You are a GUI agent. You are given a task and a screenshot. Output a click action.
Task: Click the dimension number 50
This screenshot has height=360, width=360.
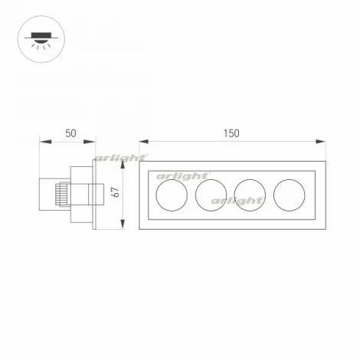tap(70, 133)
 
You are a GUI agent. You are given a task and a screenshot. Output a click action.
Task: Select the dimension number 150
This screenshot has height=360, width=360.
tap(231, 133)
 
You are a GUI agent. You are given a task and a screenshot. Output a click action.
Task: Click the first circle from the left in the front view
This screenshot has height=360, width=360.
tap(170, 195)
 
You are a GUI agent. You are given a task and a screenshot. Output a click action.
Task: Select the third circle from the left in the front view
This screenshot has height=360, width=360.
tap(249, 195)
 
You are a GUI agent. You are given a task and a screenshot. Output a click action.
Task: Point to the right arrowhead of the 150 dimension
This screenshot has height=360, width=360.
tap(320, 142)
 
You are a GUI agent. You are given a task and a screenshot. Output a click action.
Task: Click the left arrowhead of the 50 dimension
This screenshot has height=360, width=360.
tap(43, 142)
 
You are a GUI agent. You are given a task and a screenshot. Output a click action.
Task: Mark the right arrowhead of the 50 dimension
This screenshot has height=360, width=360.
tap(93, 142)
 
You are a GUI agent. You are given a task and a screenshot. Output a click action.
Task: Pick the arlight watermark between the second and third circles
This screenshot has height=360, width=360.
tap(236, 201)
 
